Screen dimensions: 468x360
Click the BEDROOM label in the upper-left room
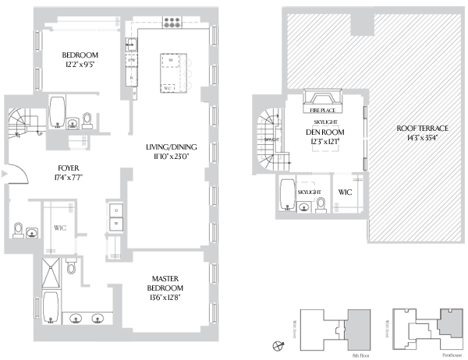click(x=80, y=55)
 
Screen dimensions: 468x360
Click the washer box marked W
click(x=116, y=223)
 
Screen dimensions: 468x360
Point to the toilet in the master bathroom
click(x=70, y=267)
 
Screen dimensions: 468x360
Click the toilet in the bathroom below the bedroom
click(x=88, y=119)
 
